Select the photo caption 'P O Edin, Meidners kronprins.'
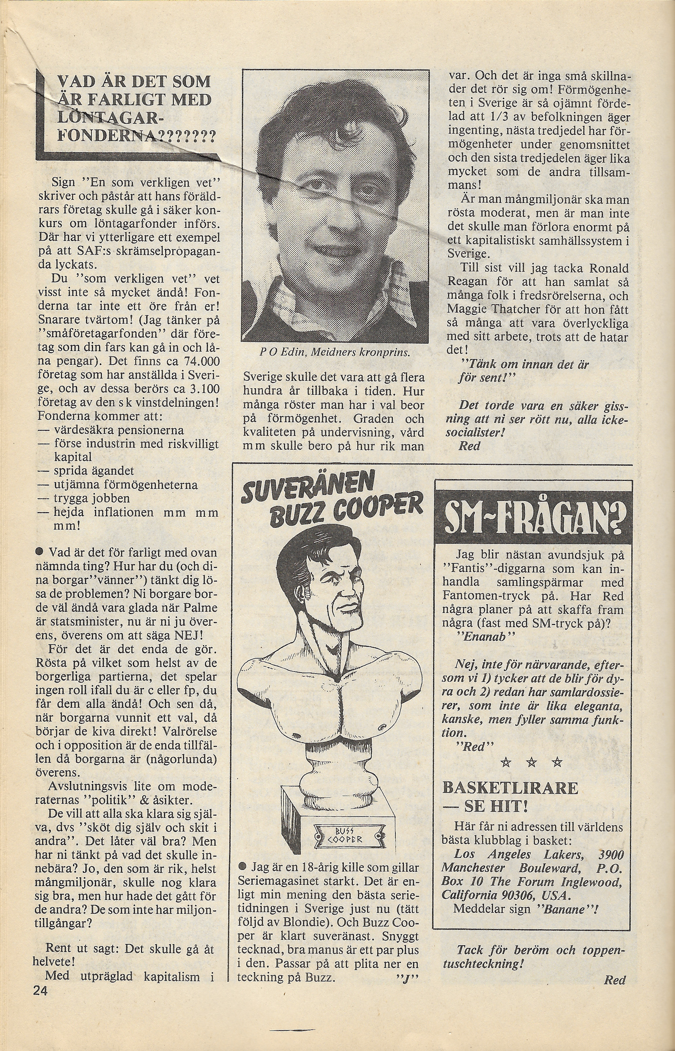[335, 353]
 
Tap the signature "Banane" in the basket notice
[565, 897]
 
